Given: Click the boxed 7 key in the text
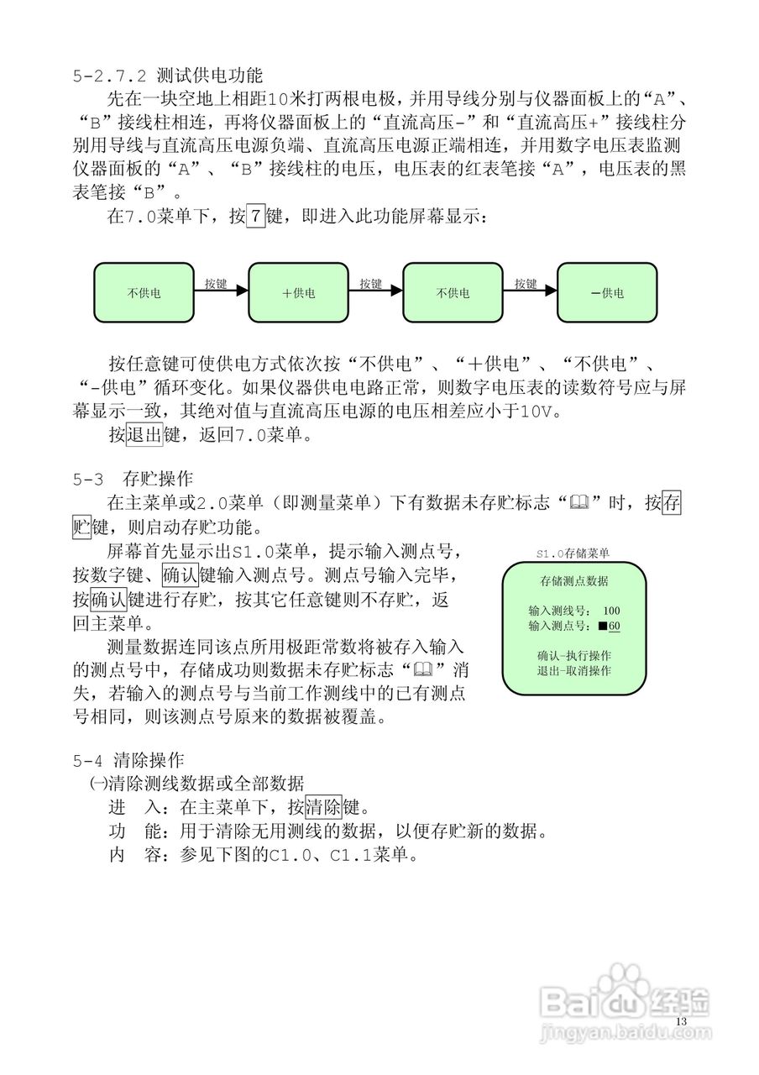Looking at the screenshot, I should click(x=255, y=218).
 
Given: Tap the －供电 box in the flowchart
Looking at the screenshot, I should click(x=606, y=293).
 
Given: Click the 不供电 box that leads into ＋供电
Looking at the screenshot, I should click(x=144, y=293).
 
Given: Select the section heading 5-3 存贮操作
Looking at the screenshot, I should click(x=133, y=480).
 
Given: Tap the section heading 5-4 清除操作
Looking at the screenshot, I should click(x=128, y=762).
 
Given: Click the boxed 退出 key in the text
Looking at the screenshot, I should click(x=144, y=436).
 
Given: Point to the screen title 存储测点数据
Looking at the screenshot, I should click(x=573, y=581).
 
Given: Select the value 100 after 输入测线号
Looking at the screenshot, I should click(x=611, y=611).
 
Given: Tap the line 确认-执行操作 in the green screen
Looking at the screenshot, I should click(x=573, y=655).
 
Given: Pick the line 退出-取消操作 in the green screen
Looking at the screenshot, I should click(x=573, y=670).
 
